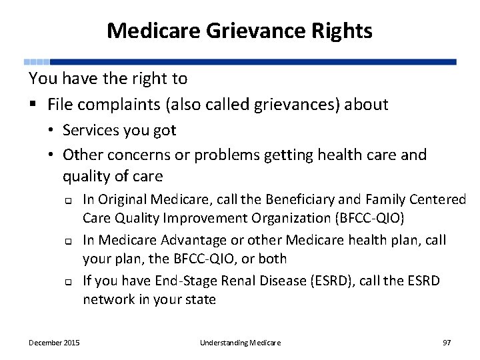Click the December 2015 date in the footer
point(54,343)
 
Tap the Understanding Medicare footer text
point(240,343)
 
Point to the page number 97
point(447,343)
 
